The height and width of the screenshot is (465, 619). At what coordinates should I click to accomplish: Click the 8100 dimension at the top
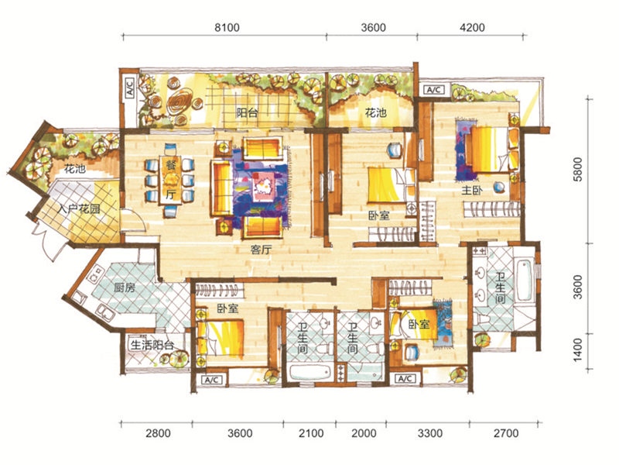tap(227, 27)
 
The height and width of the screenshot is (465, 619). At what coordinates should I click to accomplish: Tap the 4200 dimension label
tap(473, 27)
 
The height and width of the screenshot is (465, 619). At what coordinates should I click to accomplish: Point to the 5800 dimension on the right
tap(577, 169)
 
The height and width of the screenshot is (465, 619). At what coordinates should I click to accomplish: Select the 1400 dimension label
tap(577, 350)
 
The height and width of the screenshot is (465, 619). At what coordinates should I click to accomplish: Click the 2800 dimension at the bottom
tap(158, 433)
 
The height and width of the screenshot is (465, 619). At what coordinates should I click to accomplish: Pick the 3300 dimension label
tap(430, 433)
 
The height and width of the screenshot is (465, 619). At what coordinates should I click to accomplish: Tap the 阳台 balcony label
tap(247, 113)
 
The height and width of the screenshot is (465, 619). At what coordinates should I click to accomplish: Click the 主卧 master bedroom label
tap(472, 190)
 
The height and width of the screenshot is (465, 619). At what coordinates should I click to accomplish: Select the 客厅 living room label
tap(262, 250)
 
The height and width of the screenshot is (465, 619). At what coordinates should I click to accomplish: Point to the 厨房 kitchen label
tap(125, 287)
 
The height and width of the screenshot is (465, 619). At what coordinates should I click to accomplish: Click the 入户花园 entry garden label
tap(79, 208)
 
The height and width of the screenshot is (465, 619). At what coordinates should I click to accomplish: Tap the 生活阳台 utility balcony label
tap(152, 345)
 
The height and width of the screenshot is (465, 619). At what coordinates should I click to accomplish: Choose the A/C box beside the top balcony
tap(130, 87)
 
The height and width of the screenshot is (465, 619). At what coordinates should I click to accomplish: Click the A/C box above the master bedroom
tap(434, 90)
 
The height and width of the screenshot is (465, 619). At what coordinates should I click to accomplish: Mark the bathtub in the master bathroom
tap(525, 280)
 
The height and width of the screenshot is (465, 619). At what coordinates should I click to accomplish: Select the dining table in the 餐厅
tap(170, 179)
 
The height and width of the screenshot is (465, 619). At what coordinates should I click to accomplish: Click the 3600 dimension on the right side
tap(577, 288)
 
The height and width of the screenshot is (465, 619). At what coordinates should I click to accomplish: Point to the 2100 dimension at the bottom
tap(311, 433)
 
